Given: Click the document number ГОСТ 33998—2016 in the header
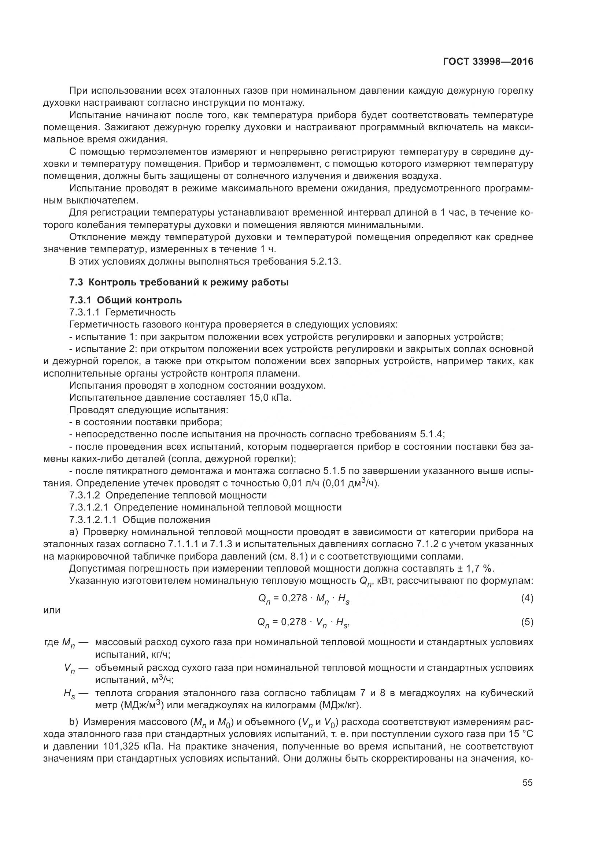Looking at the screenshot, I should coord(488,62).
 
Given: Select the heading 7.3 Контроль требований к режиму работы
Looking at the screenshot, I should coord(179,282).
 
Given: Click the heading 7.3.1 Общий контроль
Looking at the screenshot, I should coord(125,300).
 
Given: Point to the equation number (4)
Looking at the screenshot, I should coord(527,599).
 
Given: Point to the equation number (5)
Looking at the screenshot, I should coord(527,622).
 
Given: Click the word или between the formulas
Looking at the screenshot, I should coord(52,610).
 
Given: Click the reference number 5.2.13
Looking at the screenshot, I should coord(325,261).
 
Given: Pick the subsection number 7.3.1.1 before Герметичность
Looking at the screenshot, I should coord(84,312).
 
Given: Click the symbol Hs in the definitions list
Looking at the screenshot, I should coord(69,694).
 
